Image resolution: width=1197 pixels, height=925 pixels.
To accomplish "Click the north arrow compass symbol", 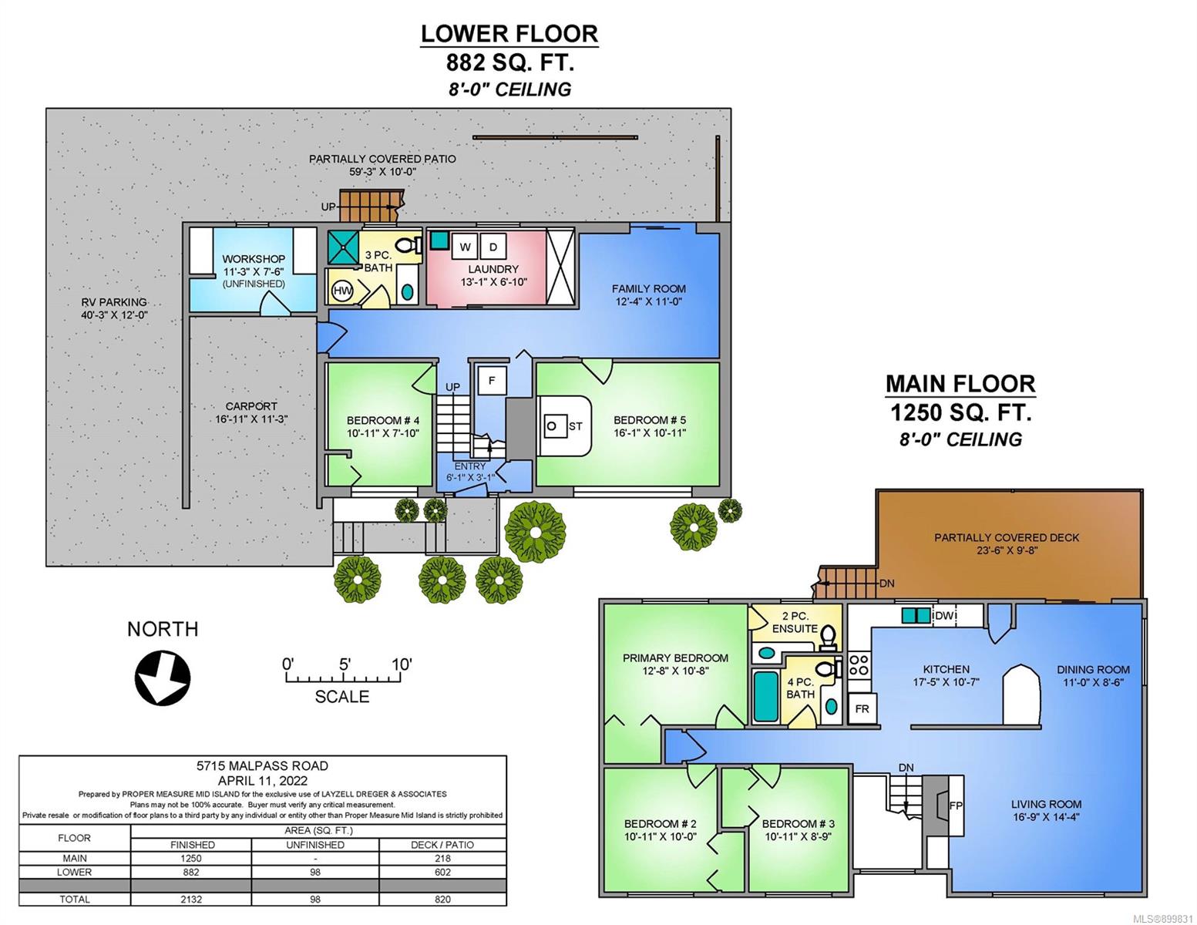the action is [x=163, y=678].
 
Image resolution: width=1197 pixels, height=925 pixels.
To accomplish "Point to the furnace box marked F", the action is [x=491, y=380].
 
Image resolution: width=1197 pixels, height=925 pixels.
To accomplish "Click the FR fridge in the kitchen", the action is [x=862, y=708].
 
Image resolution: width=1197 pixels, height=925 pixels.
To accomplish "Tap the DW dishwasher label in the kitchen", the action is [x=943, y=615].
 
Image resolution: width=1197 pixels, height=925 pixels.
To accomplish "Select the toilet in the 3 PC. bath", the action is [x=409, y=244].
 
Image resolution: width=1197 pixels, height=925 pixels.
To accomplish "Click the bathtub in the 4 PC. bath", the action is [x=765, y=696].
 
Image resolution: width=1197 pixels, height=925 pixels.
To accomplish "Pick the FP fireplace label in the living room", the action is [x=956, y=805].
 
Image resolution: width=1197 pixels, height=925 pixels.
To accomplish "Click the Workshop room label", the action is [x=254, y=258].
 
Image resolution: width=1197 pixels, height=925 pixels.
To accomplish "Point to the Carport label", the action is [x=251, y=406].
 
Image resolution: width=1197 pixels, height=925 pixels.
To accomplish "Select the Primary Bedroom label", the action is [x=675, y=658].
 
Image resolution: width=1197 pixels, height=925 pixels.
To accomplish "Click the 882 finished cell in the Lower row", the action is [x=191, y=872].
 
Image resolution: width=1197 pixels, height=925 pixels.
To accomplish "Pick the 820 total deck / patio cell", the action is [x=442, y=899].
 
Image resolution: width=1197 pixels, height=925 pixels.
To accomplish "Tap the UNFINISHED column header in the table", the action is [x=315, y=845].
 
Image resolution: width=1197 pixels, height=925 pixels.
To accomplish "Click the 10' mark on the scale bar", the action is [x=402, y=664].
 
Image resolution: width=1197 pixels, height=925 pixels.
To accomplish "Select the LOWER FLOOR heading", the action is [x=509, y=34].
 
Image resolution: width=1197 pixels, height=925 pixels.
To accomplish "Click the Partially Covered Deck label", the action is [x=1007, y=537].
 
